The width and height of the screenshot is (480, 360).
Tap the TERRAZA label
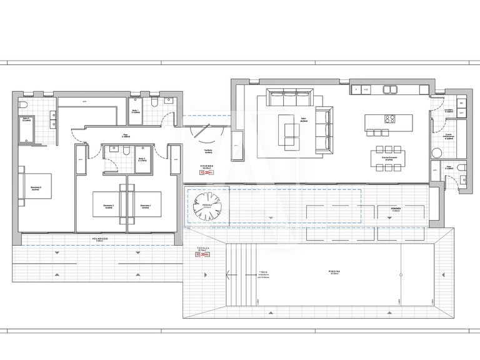(201, 249)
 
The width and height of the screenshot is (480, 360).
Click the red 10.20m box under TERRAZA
(202, 255)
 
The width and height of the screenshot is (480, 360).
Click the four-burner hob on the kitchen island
(388, 119)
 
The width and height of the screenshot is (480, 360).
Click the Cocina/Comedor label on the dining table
(384, 157)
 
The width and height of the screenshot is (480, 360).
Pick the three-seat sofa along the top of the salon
(290, 98)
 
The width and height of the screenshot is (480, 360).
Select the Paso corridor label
(124, 134)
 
